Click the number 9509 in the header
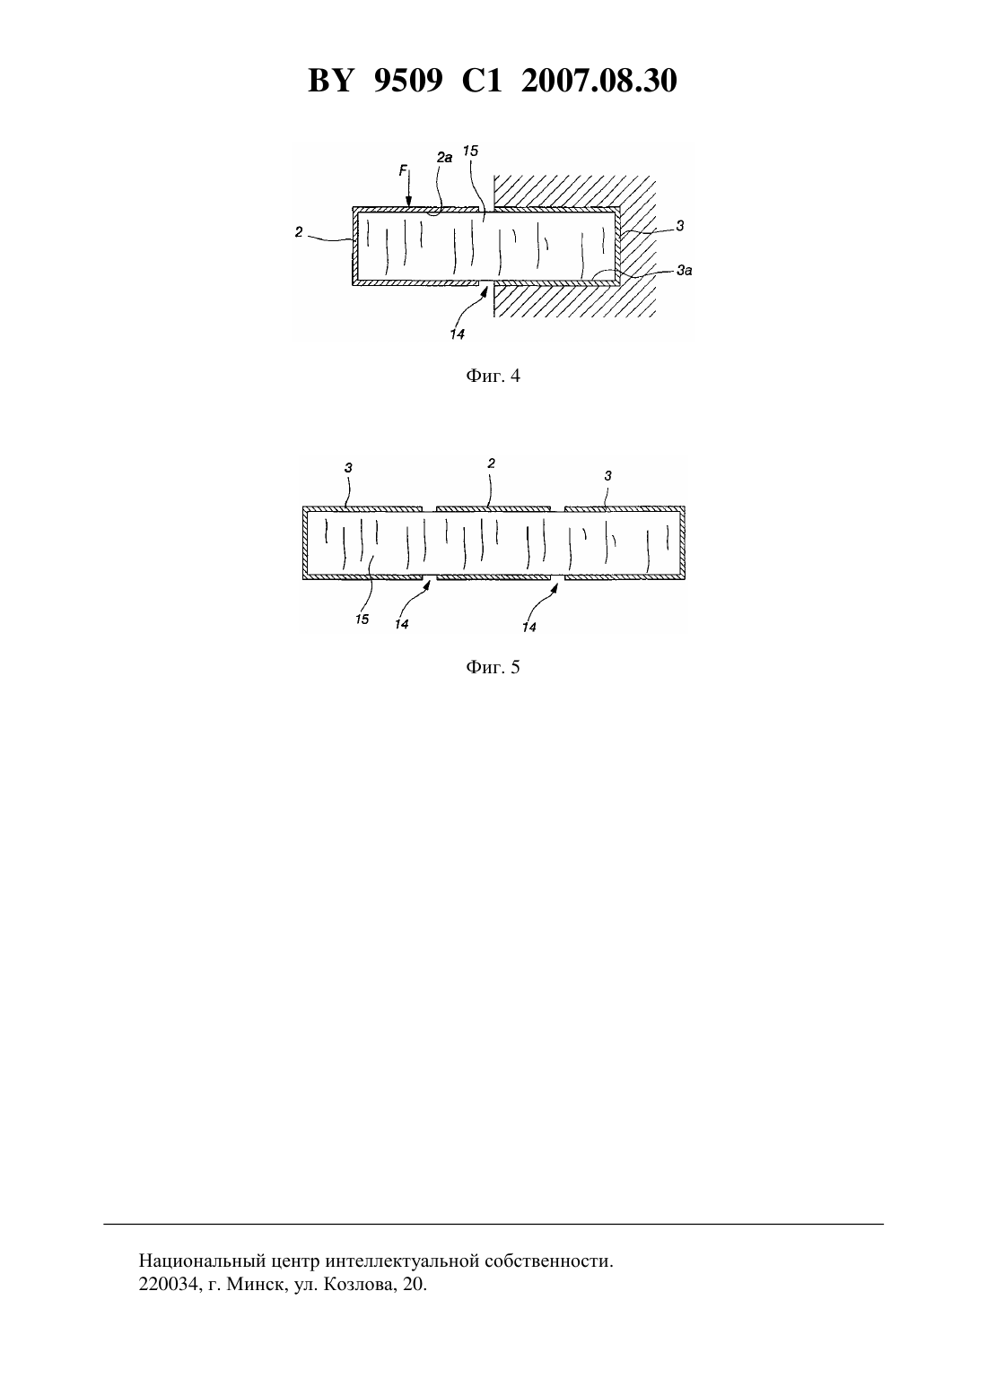coord(408,81)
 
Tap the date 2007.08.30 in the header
coord(598,81)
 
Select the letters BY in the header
coord(331,81)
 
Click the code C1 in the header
coord(482,81)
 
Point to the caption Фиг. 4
coord(493,376)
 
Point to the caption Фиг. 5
coord(493,667)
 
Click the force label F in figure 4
coord(403,170)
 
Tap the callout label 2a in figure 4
coord(444,158)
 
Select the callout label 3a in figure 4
coord(685,270)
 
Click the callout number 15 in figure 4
coord(470,151)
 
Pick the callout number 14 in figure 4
coord(458,334)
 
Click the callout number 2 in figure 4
coord(299,232)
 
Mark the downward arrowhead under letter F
coord(408,201)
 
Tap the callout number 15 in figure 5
coord(362,619)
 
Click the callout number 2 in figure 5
coord(491,463)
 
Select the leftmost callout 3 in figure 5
coord(348,467)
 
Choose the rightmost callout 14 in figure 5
coord(529,628)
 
